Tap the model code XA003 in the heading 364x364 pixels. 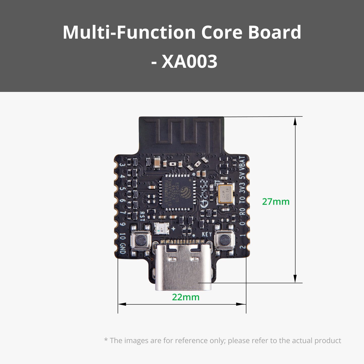tap(189, 61)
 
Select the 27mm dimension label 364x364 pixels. tap(276, 202)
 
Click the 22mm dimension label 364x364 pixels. tap(186, 297)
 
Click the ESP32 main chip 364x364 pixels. tap(178, 192)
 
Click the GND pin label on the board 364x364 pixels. tap(122, 248)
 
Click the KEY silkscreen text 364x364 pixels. tap(207, 234)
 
